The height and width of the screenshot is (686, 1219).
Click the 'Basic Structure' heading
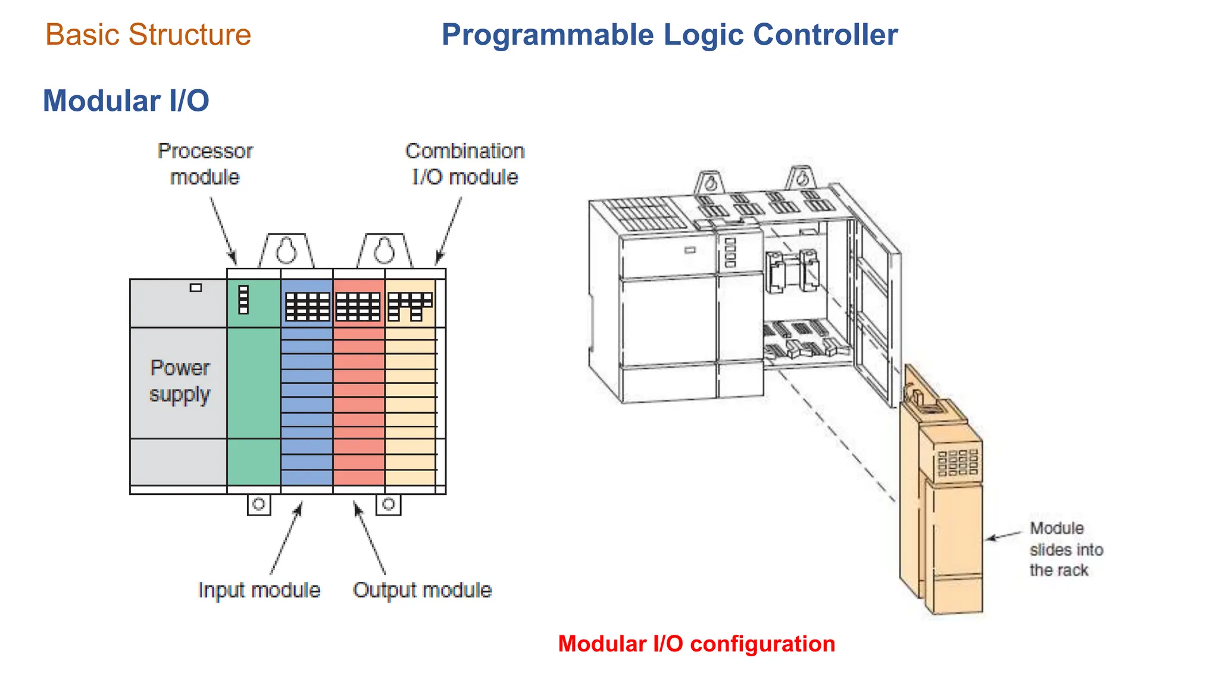(148, 35)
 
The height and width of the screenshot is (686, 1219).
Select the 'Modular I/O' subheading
(126, 101)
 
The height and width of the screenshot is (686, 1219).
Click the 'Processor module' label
(205, 164)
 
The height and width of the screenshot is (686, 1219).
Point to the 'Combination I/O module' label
(465, 164)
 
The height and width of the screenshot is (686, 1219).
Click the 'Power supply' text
(180, 381)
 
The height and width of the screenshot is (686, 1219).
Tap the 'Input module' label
(259, 590)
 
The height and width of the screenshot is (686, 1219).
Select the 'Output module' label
(422, 590)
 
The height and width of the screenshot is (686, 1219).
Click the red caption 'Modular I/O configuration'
(696, 644)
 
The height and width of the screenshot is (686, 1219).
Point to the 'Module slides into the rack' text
(1065, 549)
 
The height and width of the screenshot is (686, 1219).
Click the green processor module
(254, 387)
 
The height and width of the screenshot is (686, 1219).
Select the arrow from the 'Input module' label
(286, 539)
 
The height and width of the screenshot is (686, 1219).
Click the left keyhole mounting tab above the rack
(286, 251)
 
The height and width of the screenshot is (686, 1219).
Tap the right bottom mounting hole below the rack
(389, 504)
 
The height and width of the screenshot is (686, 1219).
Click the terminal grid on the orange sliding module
(958, 462)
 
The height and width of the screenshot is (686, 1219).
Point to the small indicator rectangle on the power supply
(196, 288)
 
